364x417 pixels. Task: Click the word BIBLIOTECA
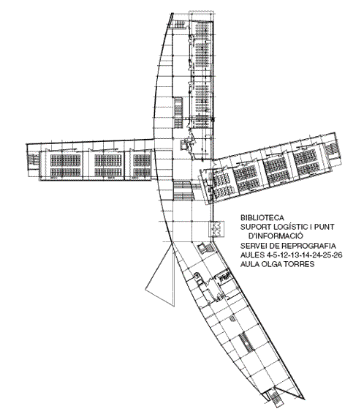(x=262, y=217)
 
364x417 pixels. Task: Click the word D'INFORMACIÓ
(x=276, y=236)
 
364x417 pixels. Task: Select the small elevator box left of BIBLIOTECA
(x=216, y=229)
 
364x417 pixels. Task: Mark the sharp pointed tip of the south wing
(x=304, y=399)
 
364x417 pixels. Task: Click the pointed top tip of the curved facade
(x=172, y=13)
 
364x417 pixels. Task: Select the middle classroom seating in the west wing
(x=108, y=165)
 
